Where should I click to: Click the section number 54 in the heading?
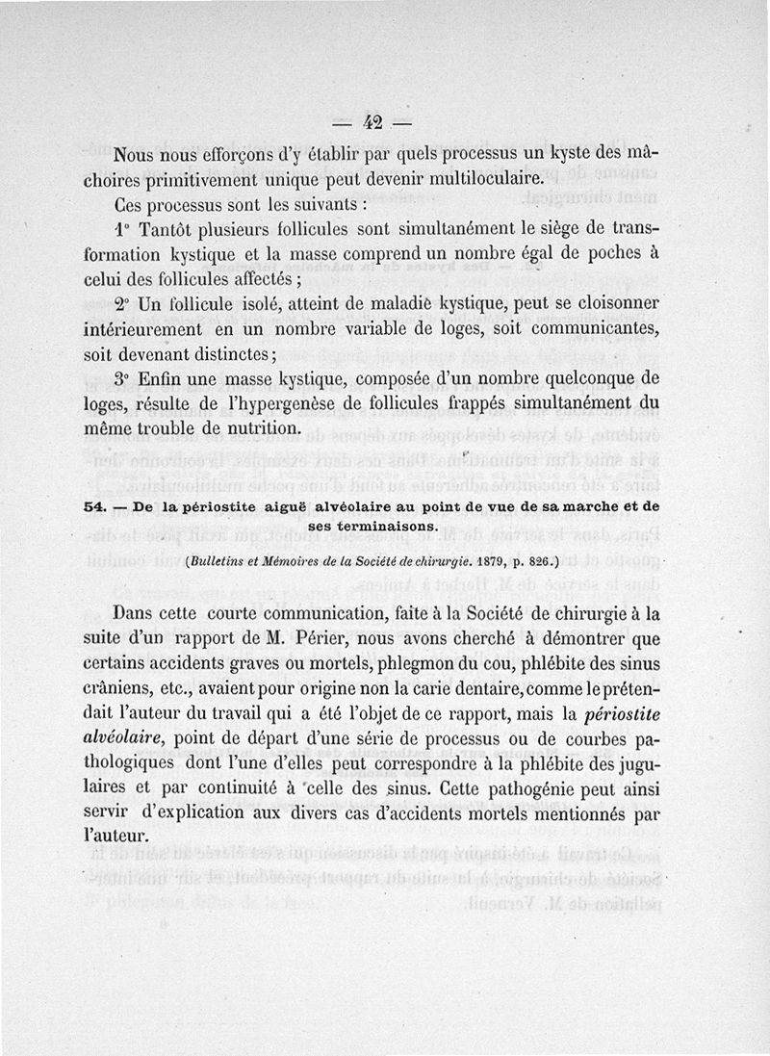(x=94, y=506)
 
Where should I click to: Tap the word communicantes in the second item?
(x=591, y=327)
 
